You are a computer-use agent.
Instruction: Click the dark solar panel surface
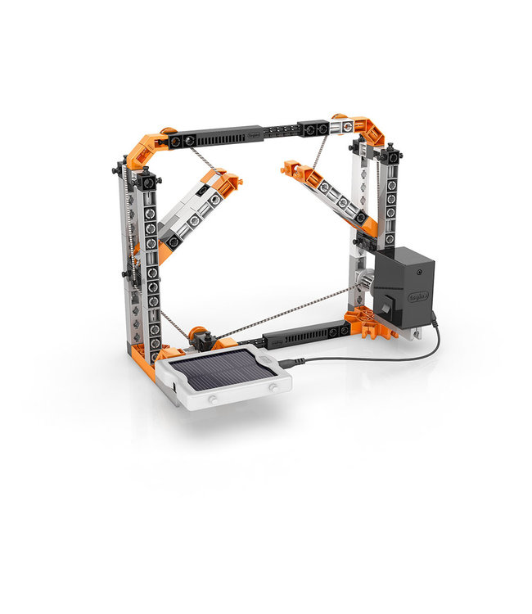pyautogui.click(x=223, y=370)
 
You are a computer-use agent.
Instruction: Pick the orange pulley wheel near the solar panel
pyautogui.click(x=196, y=336)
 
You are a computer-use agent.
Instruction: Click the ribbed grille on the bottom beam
pyautogui.click(x=304, y=335)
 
